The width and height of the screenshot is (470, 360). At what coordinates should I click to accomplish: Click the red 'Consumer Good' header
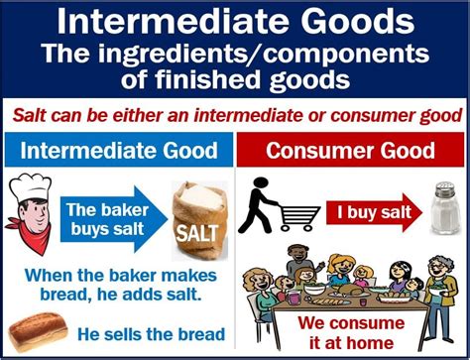tap(353, 151)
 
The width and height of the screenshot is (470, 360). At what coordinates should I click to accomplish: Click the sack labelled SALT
tap(197, 219)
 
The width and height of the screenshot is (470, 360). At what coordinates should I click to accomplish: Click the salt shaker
tap(442, 207)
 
